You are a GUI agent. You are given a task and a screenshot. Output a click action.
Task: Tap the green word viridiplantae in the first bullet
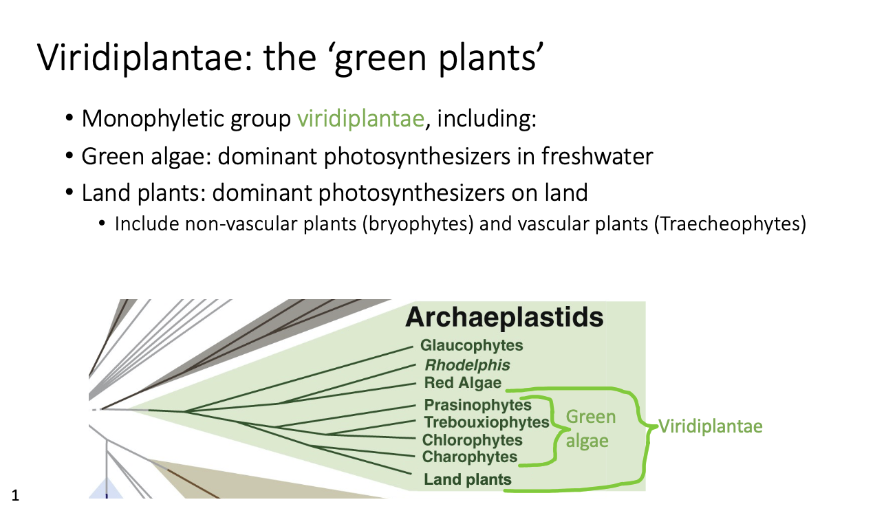pyautogui.click(x=360, y=119)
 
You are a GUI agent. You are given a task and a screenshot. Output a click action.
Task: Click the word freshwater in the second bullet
pyautogui.click(x=597, y=156)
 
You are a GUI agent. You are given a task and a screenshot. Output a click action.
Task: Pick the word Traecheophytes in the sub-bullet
pyautogui.click(x=730, y=224)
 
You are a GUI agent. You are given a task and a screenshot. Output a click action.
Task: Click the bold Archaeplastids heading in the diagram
pyautogui.click(x=504, y=317)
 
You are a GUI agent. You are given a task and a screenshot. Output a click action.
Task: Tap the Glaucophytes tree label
pyautogui.click(x=471, y=346)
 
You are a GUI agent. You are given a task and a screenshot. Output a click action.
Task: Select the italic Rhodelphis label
pyautogui.click(x=467, y=365)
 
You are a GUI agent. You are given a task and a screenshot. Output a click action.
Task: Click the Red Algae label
pyautogui.click(x=462, y=383)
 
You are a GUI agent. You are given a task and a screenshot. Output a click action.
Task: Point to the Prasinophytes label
pyautogui.click(x=477, y=405)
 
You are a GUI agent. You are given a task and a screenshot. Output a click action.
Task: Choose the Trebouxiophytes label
pyautogui.click(x=487, y=422)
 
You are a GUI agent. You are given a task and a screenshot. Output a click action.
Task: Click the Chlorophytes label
pyautogui.click(x=473, y=440)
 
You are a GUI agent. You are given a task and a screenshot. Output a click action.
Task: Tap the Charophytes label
pyautogui.click(x=470, y=457)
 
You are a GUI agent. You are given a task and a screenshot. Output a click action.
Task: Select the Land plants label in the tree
pyautogui.click(x=468, y=479)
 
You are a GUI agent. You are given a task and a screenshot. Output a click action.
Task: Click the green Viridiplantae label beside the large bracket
pyautogui.click(x=711, y=426)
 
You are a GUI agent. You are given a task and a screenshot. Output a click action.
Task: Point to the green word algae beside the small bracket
pyautogui.click(x=587, y=441)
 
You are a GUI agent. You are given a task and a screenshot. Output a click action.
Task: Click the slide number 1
pyautogui.click(x=15, y=496)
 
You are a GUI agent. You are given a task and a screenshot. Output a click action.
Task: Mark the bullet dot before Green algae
pyautogui.click(x=69, y=156)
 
